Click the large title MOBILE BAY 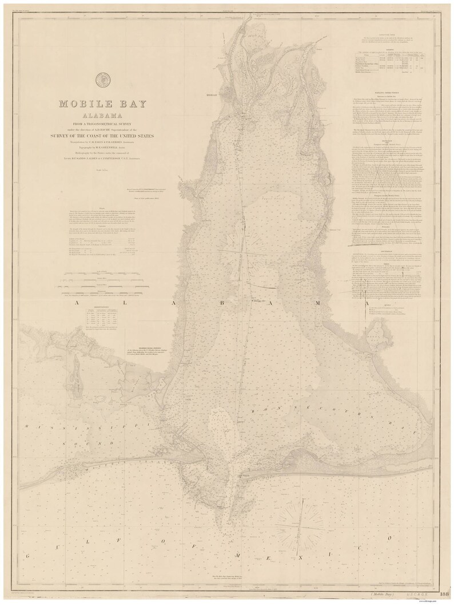pos(102,105)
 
